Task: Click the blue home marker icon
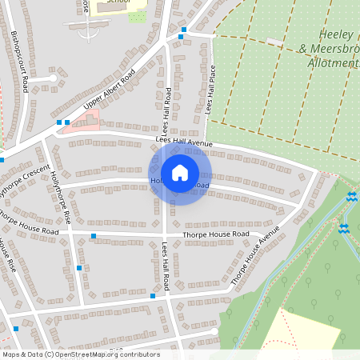coord(180,173)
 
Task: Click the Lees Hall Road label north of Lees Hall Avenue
coord(168,108)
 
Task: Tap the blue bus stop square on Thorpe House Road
coord(94,236)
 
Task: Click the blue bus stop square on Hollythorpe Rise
coord(78,268)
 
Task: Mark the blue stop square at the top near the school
coord(183,30)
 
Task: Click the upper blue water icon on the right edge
coord(352,197)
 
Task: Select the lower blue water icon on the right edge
coord(344,229)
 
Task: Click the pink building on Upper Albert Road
coord(86,122)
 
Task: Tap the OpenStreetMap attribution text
coord(81,354)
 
